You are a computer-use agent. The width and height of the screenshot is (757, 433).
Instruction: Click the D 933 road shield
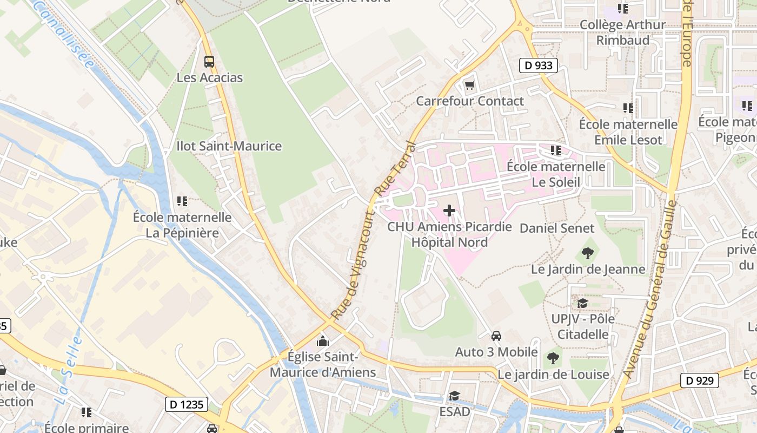[x=539, y=65]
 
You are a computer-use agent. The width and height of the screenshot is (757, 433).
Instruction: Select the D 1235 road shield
[x=185, y=404]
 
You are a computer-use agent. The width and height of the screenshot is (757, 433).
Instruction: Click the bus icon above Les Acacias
[x=209, y=62]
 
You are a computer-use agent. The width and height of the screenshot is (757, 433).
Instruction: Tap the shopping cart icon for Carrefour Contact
[x=469, y=86]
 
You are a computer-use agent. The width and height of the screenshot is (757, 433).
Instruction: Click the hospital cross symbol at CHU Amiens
[x=449, y=211]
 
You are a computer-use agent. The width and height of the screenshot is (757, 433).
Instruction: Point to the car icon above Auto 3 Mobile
[x=496, y=336]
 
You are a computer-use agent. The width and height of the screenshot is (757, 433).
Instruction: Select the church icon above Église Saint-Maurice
[x=323, y=341]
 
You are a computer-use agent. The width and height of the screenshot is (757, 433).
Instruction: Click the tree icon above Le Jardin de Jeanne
[x=587, y=253]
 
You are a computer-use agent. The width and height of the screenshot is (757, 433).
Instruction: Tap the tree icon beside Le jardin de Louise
[x=553, y=358]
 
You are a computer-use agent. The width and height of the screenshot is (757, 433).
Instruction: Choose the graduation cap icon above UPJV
[x=582, y=303]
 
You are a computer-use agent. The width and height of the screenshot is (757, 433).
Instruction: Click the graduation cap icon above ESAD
[x=454, y=396]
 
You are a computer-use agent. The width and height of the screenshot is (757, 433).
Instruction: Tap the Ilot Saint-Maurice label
[x=229, y=146]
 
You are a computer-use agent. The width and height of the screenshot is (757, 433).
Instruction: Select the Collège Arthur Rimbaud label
[x=622, y=32]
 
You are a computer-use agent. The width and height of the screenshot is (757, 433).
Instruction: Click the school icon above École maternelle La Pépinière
[x=182, y=201]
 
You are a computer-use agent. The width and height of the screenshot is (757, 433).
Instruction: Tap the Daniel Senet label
[x=557, y=228]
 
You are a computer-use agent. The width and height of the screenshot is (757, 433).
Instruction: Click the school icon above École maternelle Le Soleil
[x=555, y=150]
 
